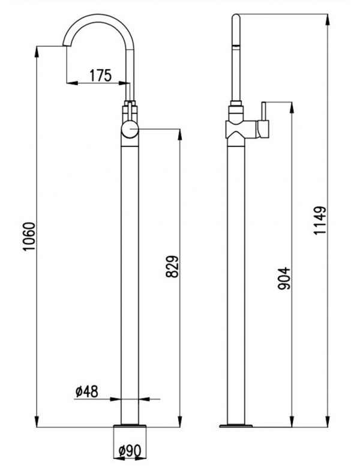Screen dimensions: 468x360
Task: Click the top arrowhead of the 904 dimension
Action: [x=292, y=104]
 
